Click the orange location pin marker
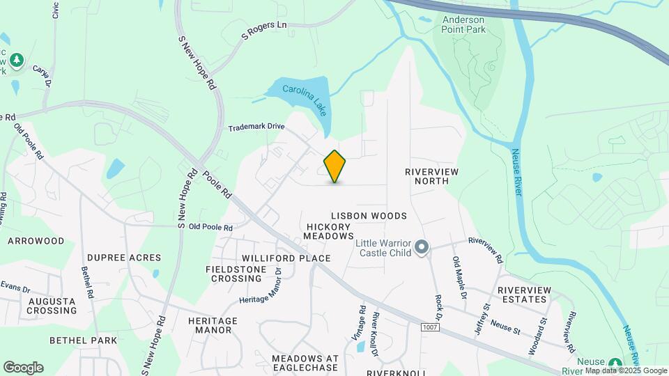tap(335, 166)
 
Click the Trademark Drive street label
tap(256, 127)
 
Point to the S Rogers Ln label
tap(264, 32)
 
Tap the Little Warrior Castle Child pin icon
tap(421, 247)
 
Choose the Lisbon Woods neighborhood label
tap(369, 216)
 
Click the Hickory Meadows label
tap(329, 232)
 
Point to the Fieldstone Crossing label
tap(233, 274)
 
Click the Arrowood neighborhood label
tap(36, 241)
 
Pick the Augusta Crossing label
tap(52, 306)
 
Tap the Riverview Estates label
tap(523, 295)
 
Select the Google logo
tap(23, 368)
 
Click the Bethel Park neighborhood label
tap(83, 340)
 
